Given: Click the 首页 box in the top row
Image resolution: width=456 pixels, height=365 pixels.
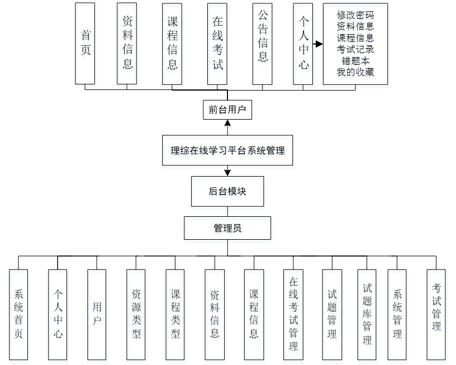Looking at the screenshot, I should tap(85, 43).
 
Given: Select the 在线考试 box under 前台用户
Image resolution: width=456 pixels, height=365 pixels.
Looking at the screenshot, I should tap(217, 43).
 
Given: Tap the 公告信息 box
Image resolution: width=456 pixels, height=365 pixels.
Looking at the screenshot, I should tap(262, 43).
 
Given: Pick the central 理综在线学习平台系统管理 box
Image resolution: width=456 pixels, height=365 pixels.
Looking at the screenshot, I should tap(227, 150).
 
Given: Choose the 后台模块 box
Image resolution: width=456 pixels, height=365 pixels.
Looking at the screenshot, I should tap(227, 191).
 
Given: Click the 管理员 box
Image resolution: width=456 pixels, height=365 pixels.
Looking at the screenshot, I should tap(227, 228).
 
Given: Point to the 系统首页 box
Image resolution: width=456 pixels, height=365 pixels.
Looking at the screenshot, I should tap(18, 314).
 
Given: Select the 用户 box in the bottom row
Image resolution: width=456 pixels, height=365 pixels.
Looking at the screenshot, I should tap(97, 314).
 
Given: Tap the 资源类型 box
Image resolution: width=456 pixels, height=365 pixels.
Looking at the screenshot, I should tap(136, 314).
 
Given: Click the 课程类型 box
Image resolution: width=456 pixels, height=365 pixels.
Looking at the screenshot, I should tap(175, 314).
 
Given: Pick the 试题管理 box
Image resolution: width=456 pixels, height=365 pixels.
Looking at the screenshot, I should tap(332, 314).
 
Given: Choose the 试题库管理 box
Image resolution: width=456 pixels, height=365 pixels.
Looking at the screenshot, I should tap(367, 314).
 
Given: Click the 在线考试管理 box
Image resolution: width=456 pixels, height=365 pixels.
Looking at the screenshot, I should tap(293, 314).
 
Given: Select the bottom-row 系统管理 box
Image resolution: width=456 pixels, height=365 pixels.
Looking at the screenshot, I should tap(397, 314).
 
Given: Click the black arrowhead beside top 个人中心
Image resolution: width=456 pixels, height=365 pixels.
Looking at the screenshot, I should tap(319, 44).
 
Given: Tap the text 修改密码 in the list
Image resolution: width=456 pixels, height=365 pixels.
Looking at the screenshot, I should tap(355, 14).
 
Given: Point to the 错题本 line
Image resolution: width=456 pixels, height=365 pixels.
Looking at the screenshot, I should tap(355, 60).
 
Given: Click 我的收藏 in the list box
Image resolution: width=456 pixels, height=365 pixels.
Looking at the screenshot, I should tap(355, 72).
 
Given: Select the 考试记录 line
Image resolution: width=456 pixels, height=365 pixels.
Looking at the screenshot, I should tap(355, 49).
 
